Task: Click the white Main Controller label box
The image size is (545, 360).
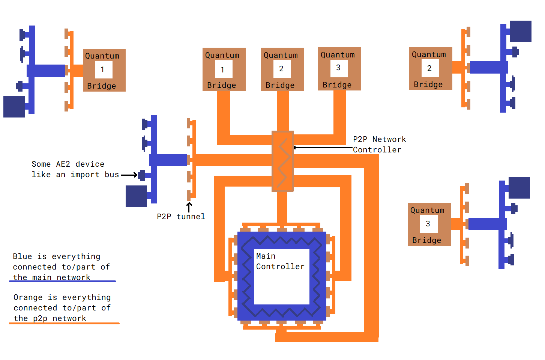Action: click(282, 277)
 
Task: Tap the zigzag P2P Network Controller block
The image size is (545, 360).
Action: click(282, 161)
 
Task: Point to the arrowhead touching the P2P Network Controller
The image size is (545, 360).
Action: click(295, 148)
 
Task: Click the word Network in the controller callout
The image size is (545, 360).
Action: click(389, 139)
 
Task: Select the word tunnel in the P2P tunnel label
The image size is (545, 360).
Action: click(191, 217)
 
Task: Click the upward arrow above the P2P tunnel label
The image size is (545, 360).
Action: click(189, 207)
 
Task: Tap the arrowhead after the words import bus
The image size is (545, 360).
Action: click(135, 175)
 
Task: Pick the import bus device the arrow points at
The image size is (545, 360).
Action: click(142, 175)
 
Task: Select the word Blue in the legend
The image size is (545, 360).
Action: click(23, 256)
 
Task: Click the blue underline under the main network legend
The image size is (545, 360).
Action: click(62, 281)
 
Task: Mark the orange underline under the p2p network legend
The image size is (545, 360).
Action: click(64, 323)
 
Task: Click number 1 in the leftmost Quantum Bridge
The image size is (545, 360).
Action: click(102, 69)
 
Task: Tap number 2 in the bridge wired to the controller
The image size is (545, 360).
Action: click(281, 69)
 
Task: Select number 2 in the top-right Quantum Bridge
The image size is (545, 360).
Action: click(429, 68)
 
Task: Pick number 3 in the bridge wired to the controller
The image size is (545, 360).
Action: click(338, 68)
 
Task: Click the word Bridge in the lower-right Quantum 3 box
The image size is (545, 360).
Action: click(426, 240)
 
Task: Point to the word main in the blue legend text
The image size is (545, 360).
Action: click(42, 277)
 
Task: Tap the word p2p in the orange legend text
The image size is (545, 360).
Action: click(40, 318)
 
